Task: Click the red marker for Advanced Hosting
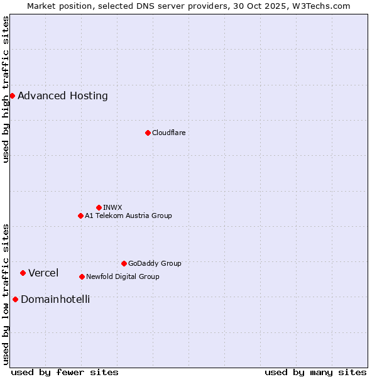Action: (12, 96)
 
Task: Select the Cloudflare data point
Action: (148, 133)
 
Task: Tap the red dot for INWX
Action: (99, 207)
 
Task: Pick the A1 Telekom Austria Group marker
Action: (80, 216)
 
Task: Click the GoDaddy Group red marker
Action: (124, 263)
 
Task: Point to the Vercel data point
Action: (23, 273)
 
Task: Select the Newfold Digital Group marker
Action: (82, 276)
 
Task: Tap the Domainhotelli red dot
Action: (15, 299)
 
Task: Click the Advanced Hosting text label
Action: (63, 96)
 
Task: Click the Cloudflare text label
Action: (168, 133)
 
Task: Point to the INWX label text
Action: (112, 207)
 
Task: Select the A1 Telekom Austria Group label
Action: (128, 216)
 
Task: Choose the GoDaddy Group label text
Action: (155, 263)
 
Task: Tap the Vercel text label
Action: (43, 273)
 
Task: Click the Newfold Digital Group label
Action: (123, 276)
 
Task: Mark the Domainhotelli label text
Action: (55, 299)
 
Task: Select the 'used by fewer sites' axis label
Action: (65, 372)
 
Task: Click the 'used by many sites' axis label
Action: (315, 372)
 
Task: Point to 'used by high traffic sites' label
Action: (6, 89)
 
